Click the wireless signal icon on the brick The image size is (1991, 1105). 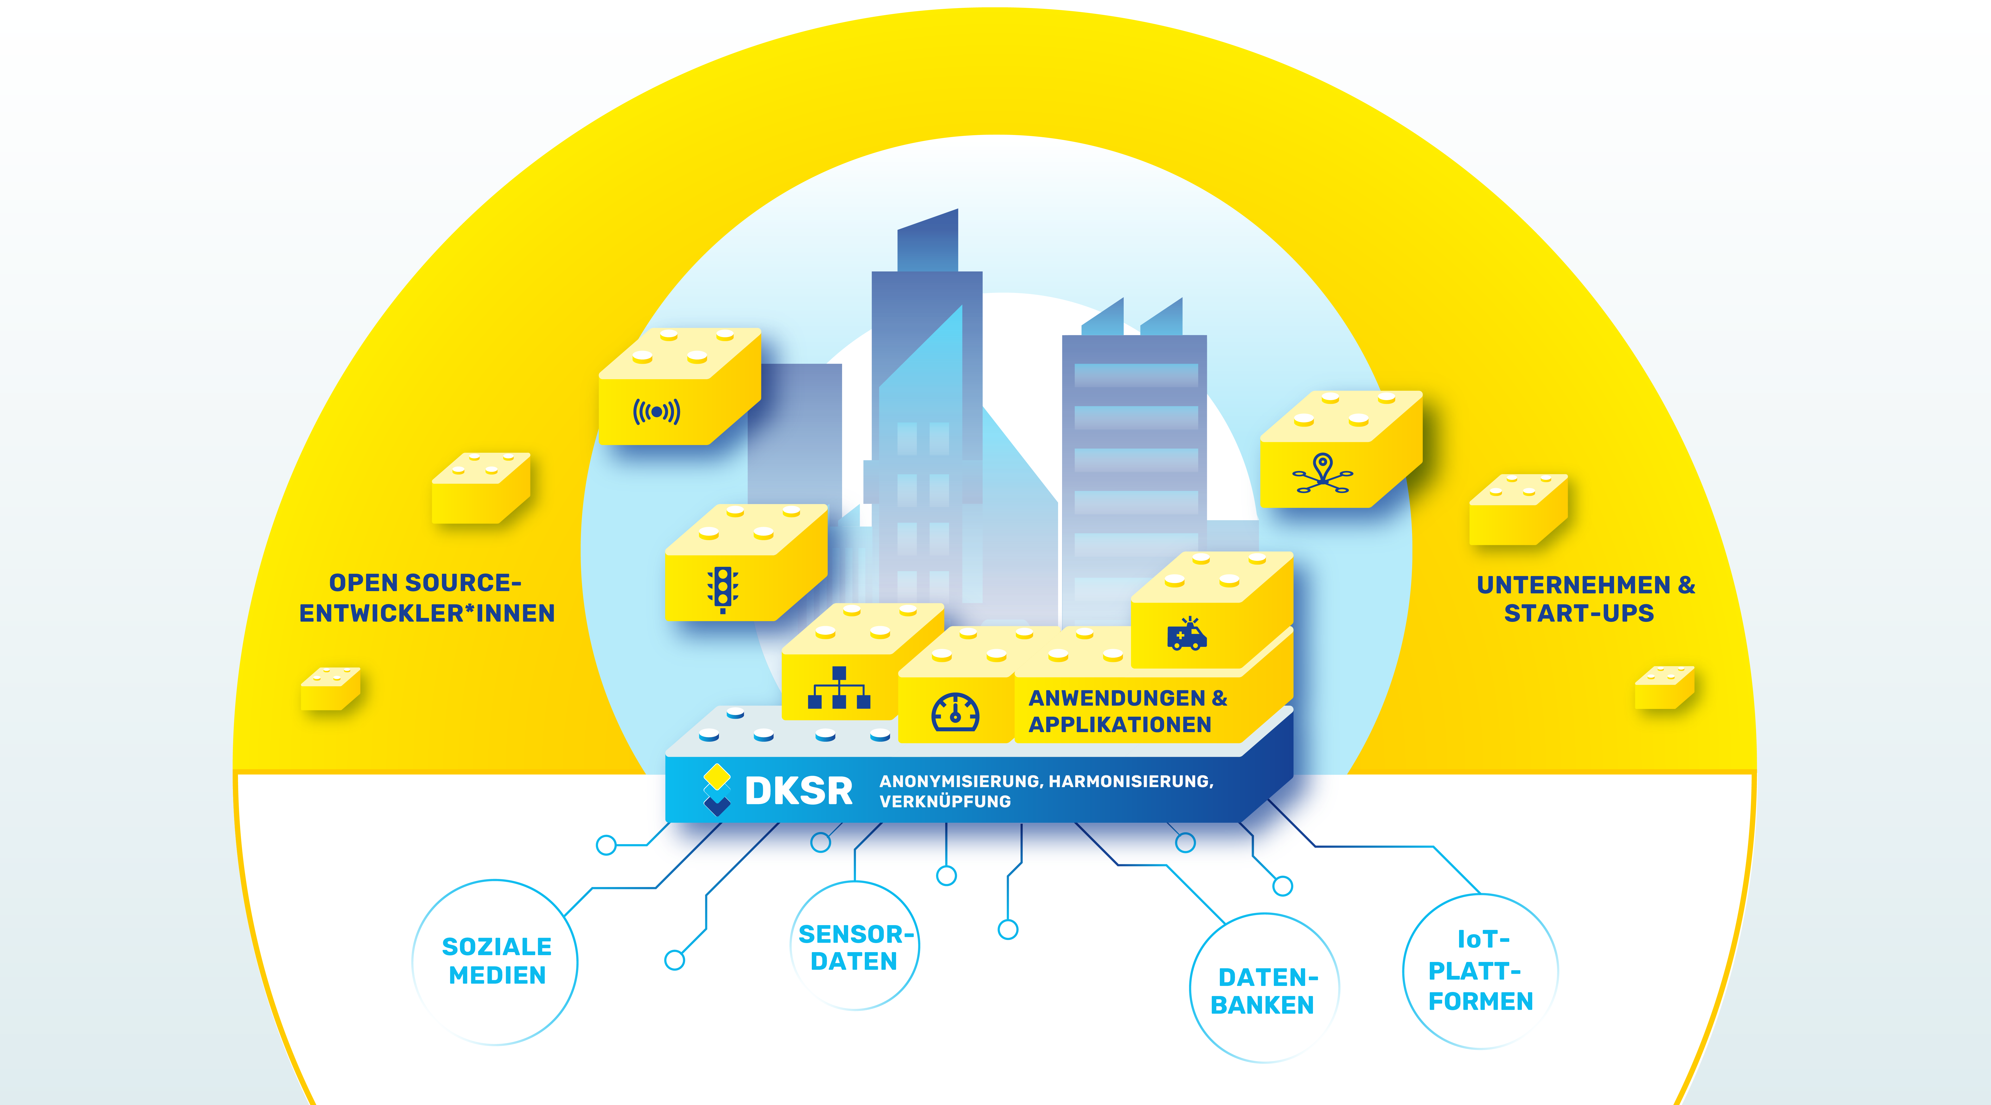(x=656, y=412)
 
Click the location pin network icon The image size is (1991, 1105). (x=1323, y=473)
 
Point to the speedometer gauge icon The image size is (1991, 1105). (x=955, y=712)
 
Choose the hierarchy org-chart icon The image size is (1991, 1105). (x=839, y=688)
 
